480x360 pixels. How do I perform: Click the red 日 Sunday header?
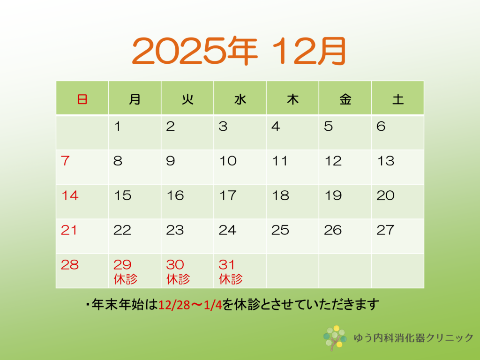tap(82, 99)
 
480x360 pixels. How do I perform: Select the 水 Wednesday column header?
tap(240, 99)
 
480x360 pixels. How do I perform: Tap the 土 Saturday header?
tap(398, 99)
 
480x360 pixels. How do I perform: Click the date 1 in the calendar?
tap(117, 126)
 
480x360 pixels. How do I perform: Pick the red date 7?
tap(65, 161)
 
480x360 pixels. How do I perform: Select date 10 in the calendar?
tap(228, 161)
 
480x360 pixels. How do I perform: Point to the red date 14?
tap(70, 195)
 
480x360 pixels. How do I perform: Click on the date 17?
tap(228, 195)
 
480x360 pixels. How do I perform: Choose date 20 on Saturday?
tap(386, 195)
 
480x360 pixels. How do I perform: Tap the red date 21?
tap(69, 230)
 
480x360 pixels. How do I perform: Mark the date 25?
tap(280, 230)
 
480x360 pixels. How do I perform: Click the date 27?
tap(385, 230)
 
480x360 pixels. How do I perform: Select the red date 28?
tap(70, 265)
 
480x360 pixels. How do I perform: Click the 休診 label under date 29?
tap(126, 279)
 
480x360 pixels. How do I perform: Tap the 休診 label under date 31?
tap(231, 279)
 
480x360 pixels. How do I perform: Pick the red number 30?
tap(175, 265)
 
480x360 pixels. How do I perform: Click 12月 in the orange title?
tap(309, 51)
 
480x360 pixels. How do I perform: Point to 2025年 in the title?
tap(195, 51)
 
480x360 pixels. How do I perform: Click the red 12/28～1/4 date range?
tap(190, 305)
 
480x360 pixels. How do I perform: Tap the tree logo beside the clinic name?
tap(335, 338)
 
